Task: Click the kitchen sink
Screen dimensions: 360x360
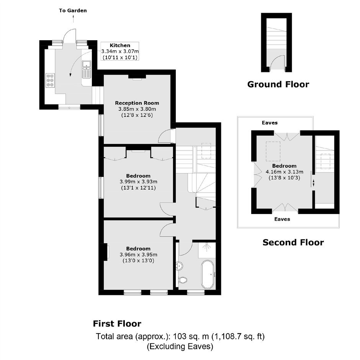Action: click(x=87, y=69)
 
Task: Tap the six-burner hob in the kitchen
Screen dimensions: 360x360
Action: click(x=50, y=80)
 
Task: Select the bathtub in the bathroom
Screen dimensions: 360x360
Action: click(x=208, y=274)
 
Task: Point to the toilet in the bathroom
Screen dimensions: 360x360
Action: click(x=182, y=280)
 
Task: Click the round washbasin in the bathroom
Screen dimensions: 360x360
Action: click(x=180, y=266)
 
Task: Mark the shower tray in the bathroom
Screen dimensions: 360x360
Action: click(x=207, y=250)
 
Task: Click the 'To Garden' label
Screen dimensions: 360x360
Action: click(x=73, y=11)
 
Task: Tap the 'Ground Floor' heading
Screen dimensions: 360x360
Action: click(x=278, y=84)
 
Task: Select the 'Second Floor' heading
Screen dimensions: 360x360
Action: click(x=293, y=242)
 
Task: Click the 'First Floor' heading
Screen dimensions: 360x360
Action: click(x=117, y=324)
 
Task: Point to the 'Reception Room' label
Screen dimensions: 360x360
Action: click(x=137, y=103)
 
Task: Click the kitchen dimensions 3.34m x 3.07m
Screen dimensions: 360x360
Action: click(x=120, y=51)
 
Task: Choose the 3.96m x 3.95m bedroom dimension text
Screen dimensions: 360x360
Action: click(x=138, y=255)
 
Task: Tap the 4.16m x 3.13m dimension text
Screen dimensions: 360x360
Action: click(x=285, y=172)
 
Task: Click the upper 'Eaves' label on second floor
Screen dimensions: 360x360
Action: click(x=270, y=123)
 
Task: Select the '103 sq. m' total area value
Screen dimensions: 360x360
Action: click(x=191, y=336)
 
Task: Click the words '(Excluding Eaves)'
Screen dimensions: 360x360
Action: click(x=180, y=346)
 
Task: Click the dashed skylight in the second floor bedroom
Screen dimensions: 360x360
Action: click(x=273, y=151)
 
